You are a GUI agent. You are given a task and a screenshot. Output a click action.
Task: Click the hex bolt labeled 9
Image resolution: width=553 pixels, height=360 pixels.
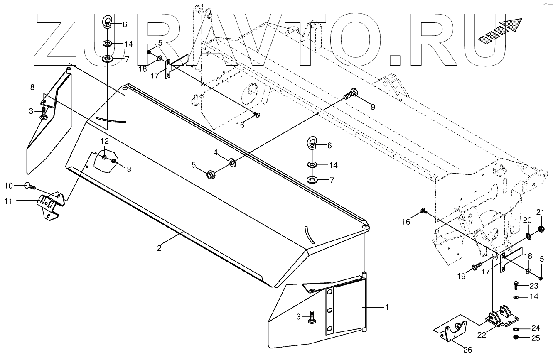point(351,94)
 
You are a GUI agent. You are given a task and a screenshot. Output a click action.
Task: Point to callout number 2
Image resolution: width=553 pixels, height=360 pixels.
point(159,248)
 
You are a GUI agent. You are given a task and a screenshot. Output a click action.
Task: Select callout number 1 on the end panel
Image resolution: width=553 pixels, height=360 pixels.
point(387,308)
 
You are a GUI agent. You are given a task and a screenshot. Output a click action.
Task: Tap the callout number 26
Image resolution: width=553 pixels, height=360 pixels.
point(468,350)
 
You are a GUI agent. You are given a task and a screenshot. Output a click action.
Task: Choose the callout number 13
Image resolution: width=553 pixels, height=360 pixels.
point(127,169)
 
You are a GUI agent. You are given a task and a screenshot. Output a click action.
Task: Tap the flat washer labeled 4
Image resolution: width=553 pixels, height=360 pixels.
point(231,162)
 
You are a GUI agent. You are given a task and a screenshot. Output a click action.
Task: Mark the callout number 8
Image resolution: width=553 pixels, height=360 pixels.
point(32,88)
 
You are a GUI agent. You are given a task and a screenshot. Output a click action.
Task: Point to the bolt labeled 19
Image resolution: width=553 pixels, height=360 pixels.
point(475,266)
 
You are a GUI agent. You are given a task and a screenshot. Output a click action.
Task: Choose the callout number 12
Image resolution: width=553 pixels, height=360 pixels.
point(104,141)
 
